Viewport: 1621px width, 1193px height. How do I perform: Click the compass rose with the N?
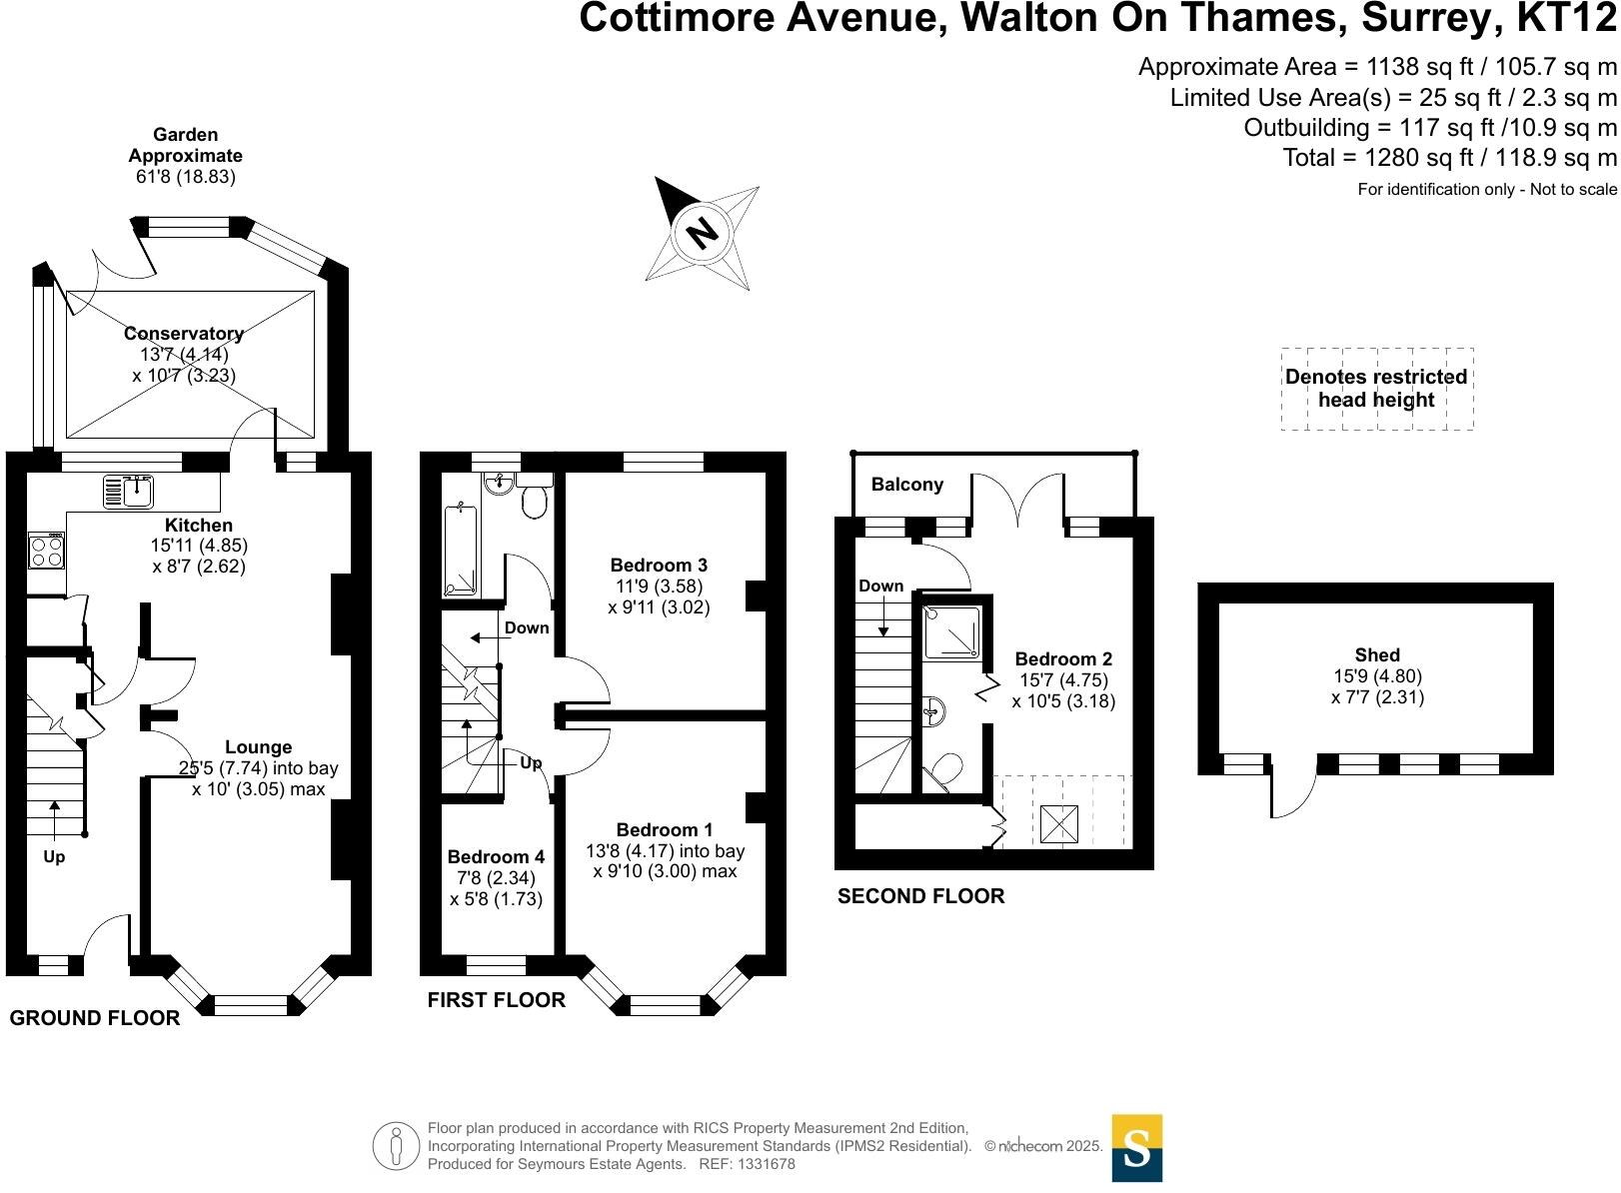pyautogui.click(x=703, y=234)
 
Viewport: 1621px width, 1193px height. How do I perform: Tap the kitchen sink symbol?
pyautogui.click(x=128, y=492)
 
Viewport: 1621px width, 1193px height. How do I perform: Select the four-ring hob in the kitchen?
pyautogui.click(x=47, y=551)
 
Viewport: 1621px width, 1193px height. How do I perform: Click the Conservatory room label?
pyautogui.click(x=184, y=334)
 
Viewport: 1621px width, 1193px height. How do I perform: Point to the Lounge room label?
pyautogui.click(x=258, y=747)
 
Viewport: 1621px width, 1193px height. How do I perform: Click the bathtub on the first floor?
pyautogui.click(x=461, y=551)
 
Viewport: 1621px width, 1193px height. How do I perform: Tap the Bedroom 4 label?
pyautogui.click(x=496, y=857)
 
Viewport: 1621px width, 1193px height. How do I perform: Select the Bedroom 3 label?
pyautogui.click(x=659, y=566)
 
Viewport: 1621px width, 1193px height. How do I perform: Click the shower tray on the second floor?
pyautogui.click(x=951, y=632)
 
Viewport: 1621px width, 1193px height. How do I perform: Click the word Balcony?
pyautogui.click(x=906, y=485)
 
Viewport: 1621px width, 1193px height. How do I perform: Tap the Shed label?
pyautogui.click(x=1377, y=655)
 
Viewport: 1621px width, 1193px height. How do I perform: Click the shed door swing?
pyautogui.click(x=1291, y=794)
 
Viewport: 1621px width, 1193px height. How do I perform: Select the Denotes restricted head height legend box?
pyautogui.click(x=1376, y=389)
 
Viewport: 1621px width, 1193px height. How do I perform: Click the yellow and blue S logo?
pyautogui.click(x=1136, y=1148)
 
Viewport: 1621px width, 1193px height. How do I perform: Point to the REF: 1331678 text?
pyautogui.click(x=747, y=1164)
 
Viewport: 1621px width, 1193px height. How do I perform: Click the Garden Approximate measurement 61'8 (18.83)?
pyautogui.click(x=186, y=177)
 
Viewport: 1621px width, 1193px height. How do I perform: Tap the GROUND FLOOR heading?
pyautogui.click(x=95, y=1018)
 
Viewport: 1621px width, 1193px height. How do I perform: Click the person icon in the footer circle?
pyautogui.click(x=397, y=1146)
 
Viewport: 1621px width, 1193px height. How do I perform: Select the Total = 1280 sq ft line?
pyautogui.click(x=1449, y=158)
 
